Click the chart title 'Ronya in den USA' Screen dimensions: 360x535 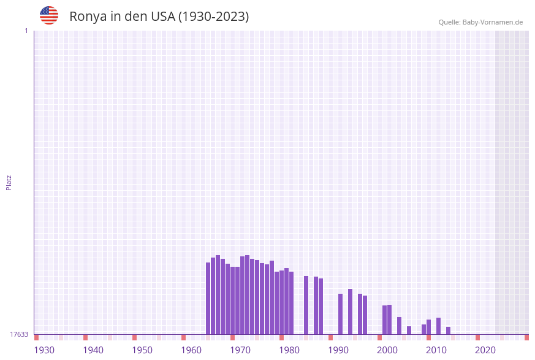click(x=159, y=17)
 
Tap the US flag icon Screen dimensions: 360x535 click(x=49, y=15)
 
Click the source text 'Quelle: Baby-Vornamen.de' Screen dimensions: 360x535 click(x=480, y=22)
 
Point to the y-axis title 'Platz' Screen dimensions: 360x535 click(x=9, y=182)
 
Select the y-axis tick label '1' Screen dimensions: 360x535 click(x=26, y=31)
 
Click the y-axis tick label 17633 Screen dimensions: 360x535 click(x=19, y=334)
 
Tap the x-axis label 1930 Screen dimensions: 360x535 click(x=44, y=350)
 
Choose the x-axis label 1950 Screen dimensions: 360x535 click(x=142, y=350)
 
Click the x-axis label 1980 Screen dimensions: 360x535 click(x=289, y=350)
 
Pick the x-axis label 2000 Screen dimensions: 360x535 click(x=387, y=350)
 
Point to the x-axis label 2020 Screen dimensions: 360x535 click(x=485, y=350)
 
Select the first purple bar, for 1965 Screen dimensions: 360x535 click(x=208, y=298)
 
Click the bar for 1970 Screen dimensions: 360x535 click(x=233, y=301)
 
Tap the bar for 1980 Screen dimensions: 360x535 click(x=282, y=302)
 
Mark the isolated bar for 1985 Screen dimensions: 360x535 click(x=306, y=305)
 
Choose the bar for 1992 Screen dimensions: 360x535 click(x=341, y=314)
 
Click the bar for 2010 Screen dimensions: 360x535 click(x=429, y=327)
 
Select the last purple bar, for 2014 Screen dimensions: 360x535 click(x=449, y=331)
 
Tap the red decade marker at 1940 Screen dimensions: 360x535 click(x=86, y=337)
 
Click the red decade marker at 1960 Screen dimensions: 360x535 click(x=184, y=337)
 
